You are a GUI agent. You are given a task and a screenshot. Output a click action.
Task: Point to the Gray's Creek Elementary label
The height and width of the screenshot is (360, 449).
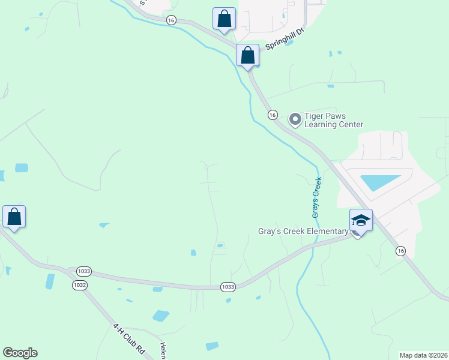point(303,231)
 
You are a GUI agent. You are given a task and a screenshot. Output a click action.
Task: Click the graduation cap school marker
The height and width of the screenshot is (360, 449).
point(361,221)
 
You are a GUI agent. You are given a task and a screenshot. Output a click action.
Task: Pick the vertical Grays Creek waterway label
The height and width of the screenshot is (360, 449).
point(316,197)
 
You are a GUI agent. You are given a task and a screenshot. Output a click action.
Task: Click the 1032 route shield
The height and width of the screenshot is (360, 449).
point(79,284)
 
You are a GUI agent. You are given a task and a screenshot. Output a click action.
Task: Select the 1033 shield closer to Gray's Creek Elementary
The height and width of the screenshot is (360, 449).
point(227,287)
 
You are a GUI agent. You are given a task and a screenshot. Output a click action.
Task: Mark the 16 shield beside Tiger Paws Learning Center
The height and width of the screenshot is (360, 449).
point(273,114)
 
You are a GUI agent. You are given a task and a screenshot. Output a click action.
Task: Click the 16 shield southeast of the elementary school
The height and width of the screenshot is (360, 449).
point(400,251)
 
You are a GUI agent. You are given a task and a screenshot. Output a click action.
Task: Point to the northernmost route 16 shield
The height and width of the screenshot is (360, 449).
point(172,20)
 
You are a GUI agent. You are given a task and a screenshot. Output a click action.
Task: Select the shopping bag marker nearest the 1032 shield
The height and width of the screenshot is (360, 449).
point(14,217)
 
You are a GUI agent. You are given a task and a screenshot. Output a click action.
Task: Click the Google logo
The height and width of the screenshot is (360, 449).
point(20,352)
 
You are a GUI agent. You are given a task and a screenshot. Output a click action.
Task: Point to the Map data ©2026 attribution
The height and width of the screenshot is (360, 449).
point(423,355)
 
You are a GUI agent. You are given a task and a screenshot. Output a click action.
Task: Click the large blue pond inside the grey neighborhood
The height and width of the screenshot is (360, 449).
point(380,182)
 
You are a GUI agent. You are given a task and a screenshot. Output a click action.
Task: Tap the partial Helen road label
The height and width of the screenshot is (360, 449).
point(163,350)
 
